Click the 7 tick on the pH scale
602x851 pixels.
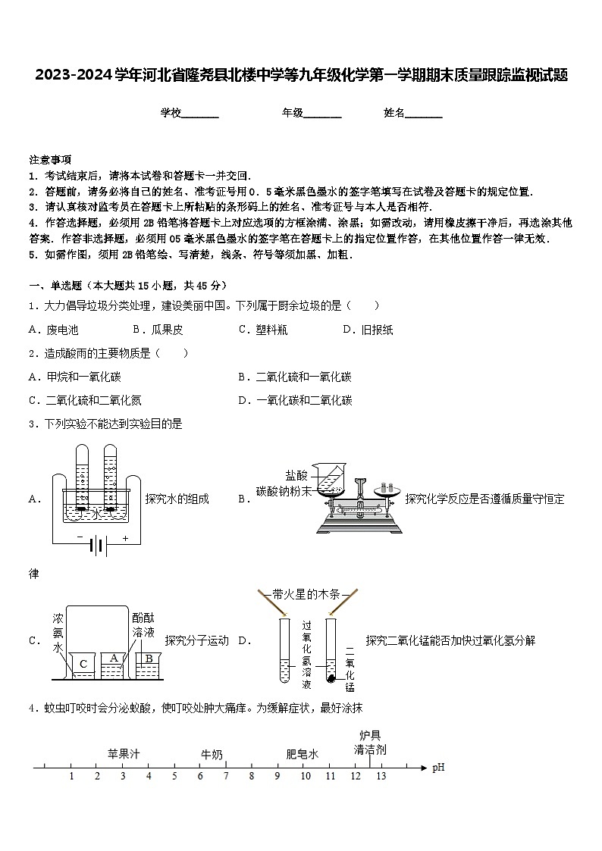(226, 776)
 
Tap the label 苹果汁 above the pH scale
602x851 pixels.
(124, 754)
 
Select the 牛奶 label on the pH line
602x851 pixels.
(212, 754)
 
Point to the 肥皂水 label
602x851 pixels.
(302, 754)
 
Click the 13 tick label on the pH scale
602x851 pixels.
(381, 776)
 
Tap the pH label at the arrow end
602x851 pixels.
(438, 768)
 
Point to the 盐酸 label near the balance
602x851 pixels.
(296, 475)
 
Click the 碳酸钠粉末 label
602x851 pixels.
(284, 491)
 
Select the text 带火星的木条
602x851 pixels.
(306, 594)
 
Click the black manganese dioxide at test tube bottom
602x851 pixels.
(331, 677)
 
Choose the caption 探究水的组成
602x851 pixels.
(177, 499)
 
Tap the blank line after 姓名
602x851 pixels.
(424, 114)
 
